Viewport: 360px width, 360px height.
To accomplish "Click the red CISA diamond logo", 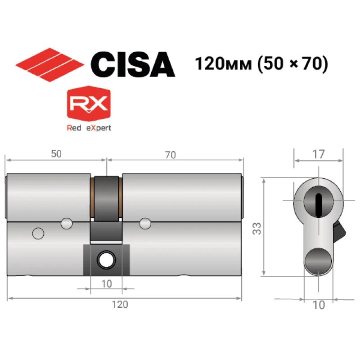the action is coord(49,65).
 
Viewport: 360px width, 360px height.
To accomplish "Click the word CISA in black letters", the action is coord(133,64).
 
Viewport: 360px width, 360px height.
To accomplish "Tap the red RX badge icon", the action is coord(89,103).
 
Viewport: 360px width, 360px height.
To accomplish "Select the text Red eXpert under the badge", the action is coord(89,128).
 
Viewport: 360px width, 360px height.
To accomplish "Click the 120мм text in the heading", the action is coord(223,63).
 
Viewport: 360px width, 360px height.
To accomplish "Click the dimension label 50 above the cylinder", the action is coord(56,154).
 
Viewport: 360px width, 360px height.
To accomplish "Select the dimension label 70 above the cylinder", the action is coord(171,155).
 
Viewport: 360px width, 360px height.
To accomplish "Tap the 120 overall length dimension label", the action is coord(120,305).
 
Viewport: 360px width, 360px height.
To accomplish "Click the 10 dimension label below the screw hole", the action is coord(107,284).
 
